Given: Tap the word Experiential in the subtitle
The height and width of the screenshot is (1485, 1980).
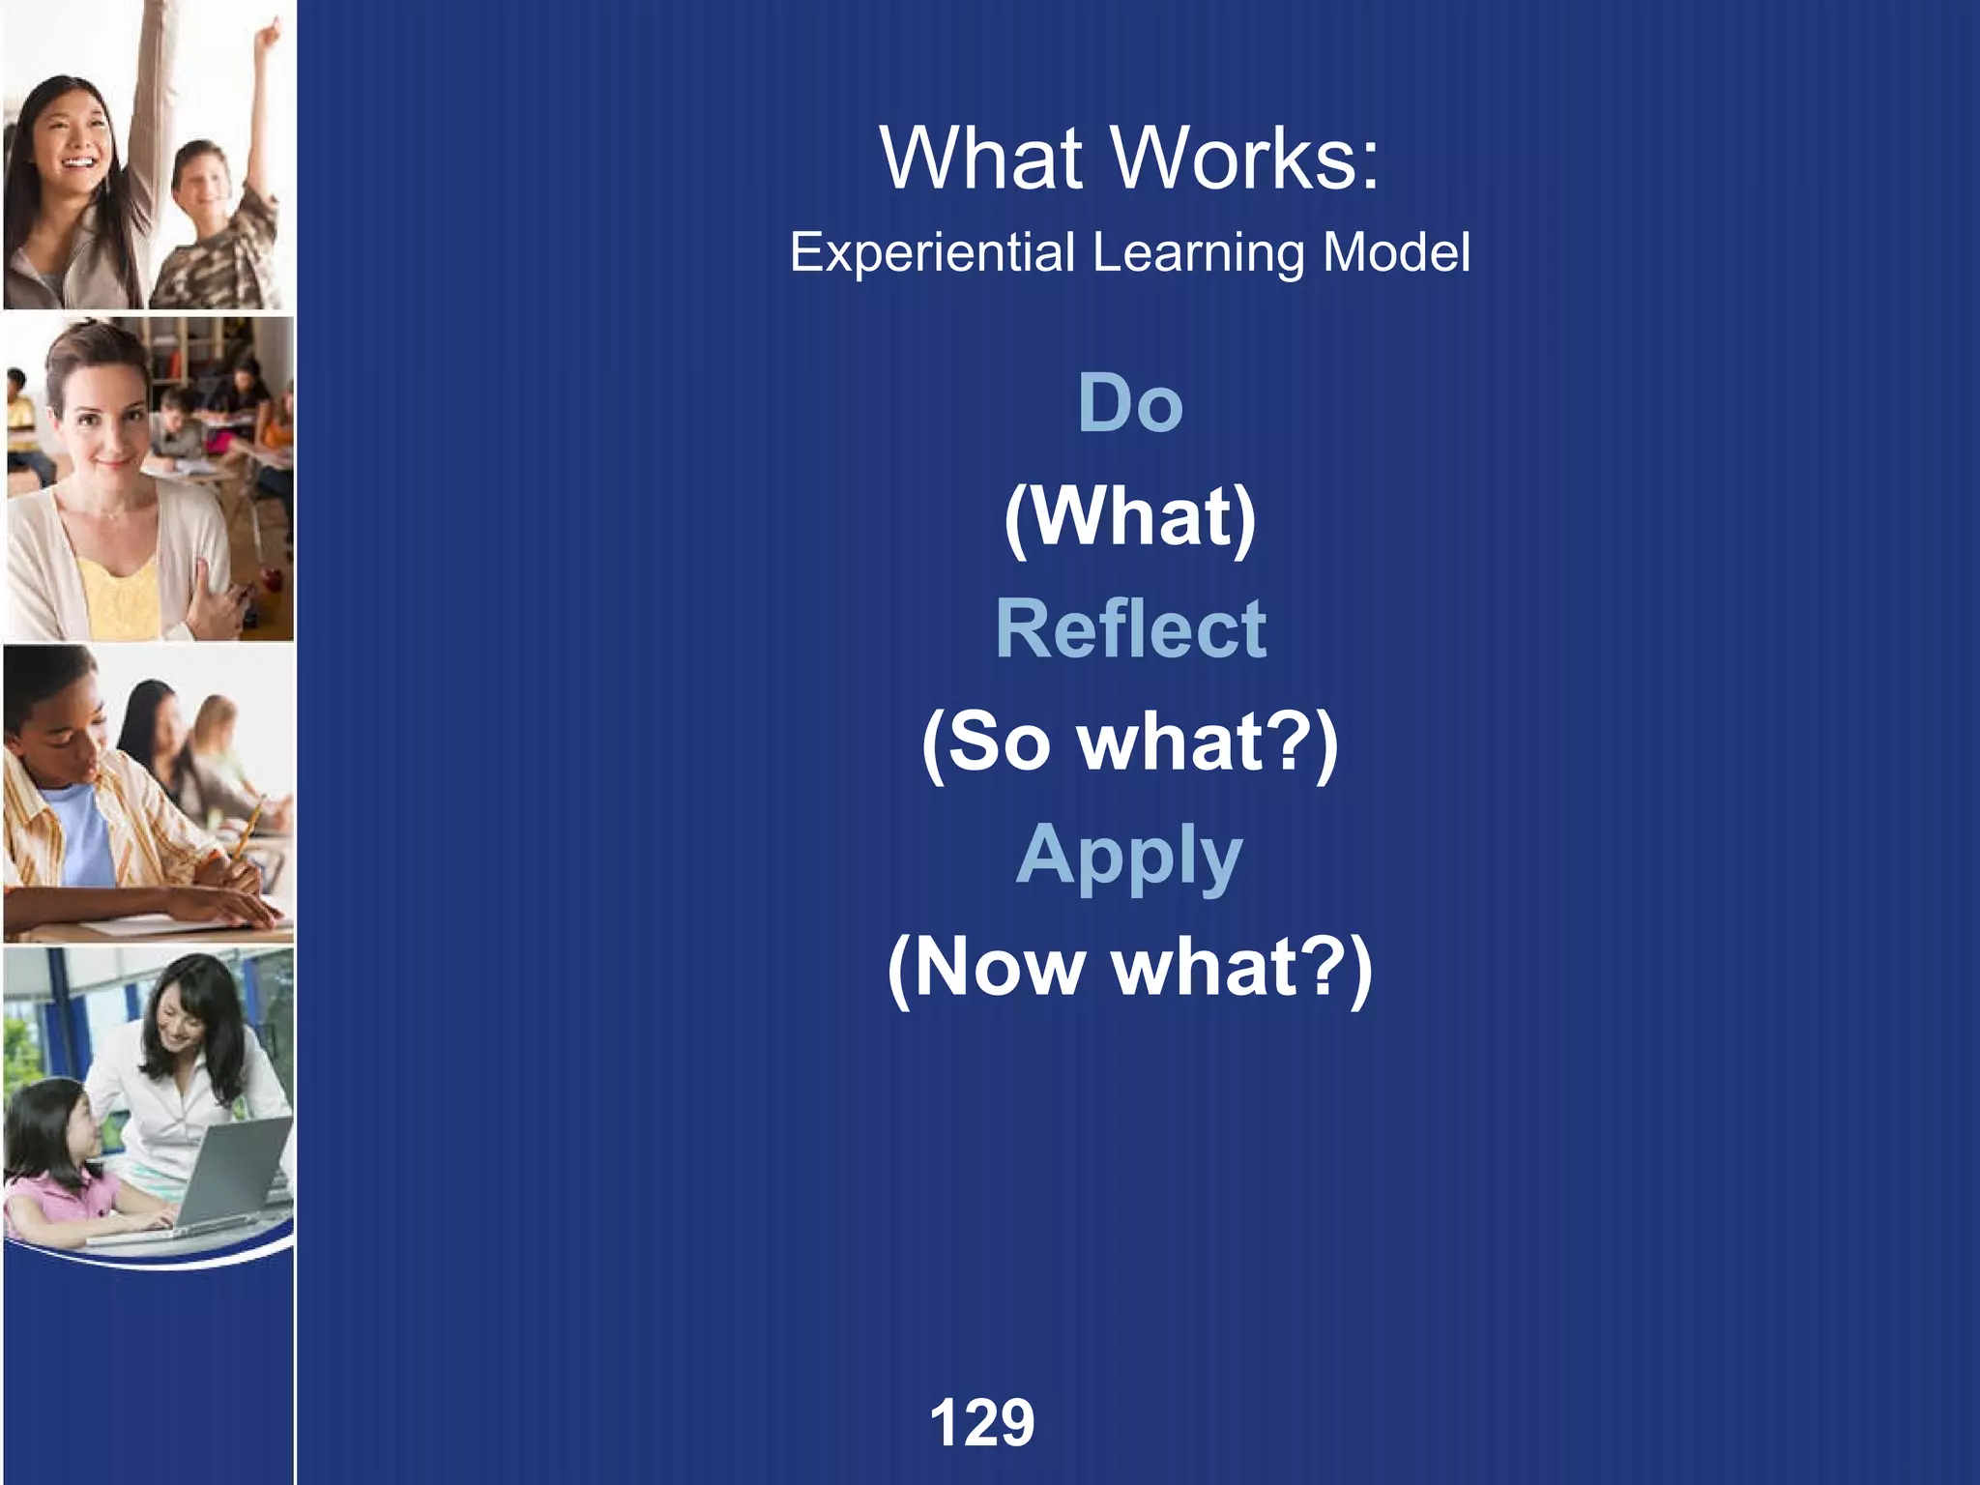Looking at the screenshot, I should pyautogui.click(x=932, y=253).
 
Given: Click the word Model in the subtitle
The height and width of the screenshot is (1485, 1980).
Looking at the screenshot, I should pyautogui.click(x=1396, y=253).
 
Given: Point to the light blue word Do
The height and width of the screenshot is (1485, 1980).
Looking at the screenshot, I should pyautogui.click(x=1129, y=403).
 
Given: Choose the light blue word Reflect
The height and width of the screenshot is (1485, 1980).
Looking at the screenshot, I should pyautogui.click(x=1130, y=629).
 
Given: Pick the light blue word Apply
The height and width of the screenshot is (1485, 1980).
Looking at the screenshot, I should pyautogui.click(x=1129, y=858).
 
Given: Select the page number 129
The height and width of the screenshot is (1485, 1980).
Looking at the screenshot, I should pyautogui.click(x=981, y=1422).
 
